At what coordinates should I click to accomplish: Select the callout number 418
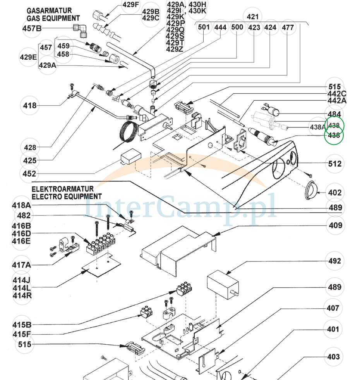coord(30,105)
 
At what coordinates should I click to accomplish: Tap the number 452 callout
coord(30,174)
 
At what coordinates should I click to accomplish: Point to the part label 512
coord(335,164)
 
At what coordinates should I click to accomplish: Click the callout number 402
coord(335,193)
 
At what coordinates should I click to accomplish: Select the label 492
coord(335,261)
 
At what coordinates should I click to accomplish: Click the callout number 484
coord(334,114)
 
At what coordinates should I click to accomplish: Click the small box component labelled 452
coord(129,157)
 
